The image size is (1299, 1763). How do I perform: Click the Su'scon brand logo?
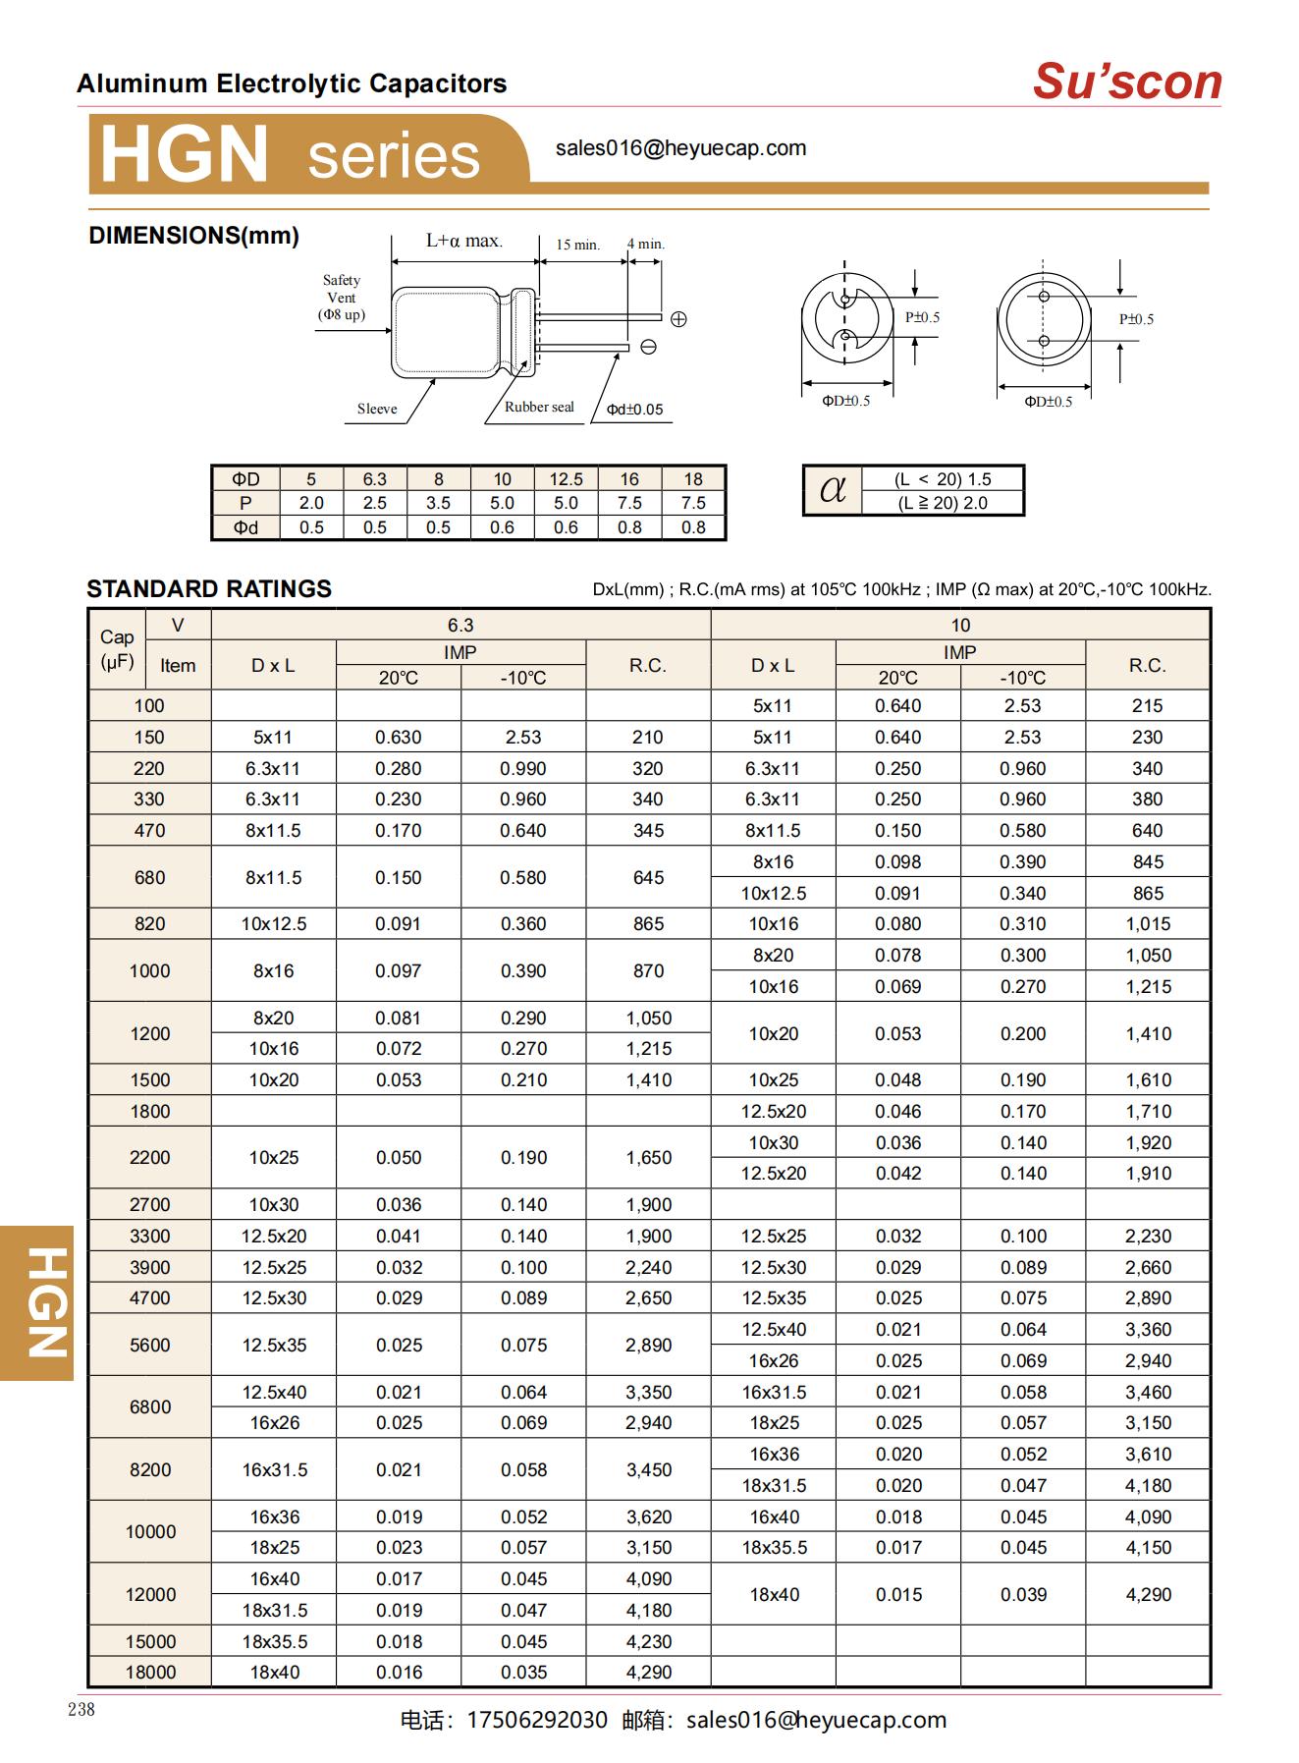pos(1126,82)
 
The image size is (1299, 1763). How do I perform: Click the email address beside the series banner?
pos(680,148)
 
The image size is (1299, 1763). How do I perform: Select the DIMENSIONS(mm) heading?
pos(193,236)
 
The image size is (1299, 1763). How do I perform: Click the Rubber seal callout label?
pos(539,407)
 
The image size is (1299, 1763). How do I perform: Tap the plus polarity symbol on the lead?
pos(678,319)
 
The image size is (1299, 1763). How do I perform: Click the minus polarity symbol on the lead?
pos(648,347)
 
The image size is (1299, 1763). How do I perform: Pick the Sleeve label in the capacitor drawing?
pos(377,409)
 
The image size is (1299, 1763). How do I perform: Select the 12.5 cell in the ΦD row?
pos(566,479)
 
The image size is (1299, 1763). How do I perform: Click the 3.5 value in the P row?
pos(438,503)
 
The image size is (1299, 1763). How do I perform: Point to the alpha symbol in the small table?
pos(833,489)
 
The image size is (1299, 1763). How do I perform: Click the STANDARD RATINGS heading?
pos(209,589)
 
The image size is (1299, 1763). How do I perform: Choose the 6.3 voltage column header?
pos(460,626)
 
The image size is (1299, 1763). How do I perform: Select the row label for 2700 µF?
pos(149,1205)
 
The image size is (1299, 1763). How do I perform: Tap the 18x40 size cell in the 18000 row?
pos(274,1673)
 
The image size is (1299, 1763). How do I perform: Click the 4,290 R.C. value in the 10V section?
pos(1148,1595)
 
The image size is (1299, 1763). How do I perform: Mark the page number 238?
pos(81,1710)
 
